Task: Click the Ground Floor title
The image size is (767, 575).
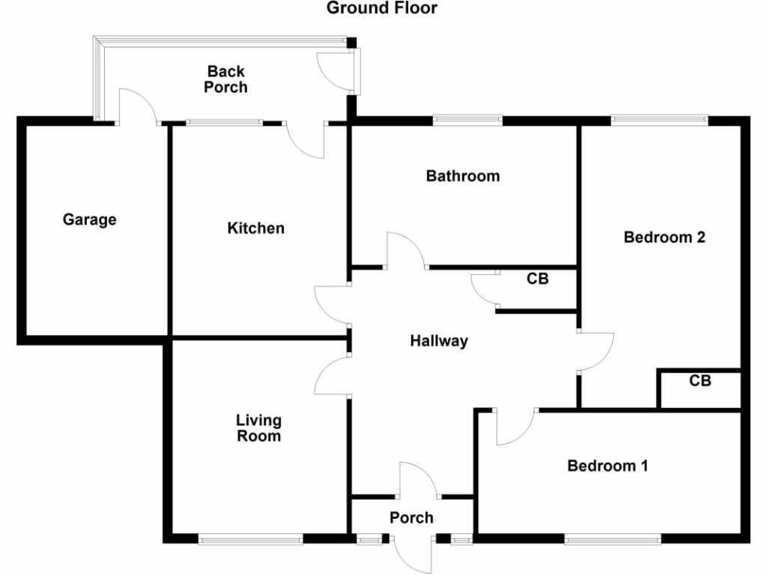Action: point(382,8)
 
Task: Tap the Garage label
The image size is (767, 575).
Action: point(89,219)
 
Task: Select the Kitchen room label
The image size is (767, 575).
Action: point(255,228)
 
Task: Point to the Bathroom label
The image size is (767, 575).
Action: point(462,176)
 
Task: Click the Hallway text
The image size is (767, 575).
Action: point(439,341)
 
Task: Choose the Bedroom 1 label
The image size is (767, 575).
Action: point(607,466)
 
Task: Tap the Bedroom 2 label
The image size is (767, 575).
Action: point(664,237)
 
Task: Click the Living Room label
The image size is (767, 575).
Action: point(258,428)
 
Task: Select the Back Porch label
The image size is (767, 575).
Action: point(225,79)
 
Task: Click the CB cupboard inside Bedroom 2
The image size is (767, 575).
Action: point(700,381)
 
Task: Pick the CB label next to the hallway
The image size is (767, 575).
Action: point(537,279)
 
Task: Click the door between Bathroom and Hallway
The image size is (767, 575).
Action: point(405,251)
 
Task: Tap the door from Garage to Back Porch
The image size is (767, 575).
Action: point(136,107)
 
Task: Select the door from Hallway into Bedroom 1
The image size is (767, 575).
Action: point(515,427)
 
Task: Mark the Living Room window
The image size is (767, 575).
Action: point(250,538)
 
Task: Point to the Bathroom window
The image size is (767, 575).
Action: point(467,119)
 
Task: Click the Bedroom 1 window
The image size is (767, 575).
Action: point(613,538)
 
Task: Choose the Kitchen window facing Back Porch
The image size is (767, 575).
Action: point(224,123)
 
